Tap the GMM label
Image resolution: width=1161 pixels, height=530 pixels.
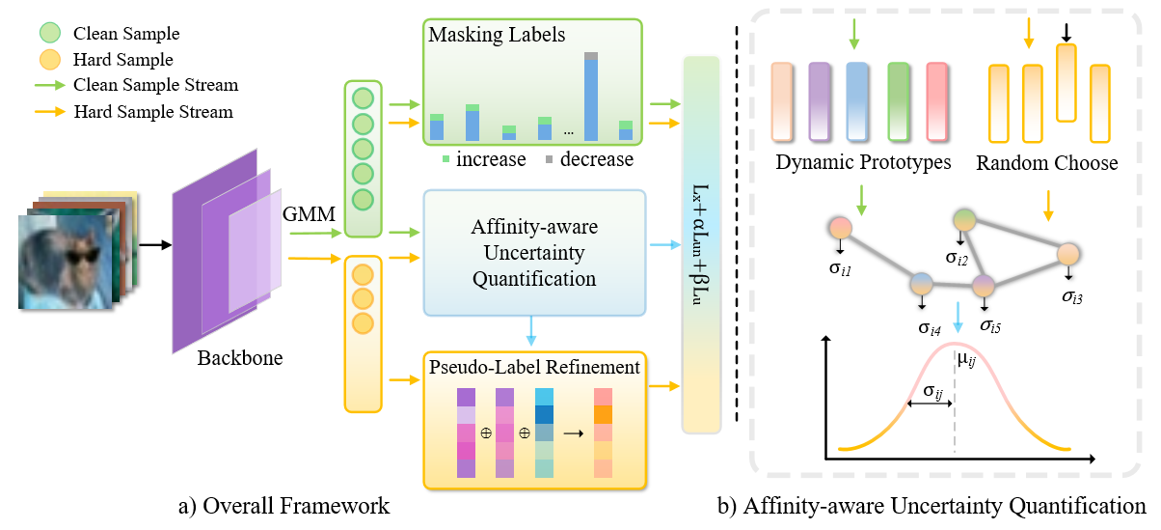[307, 215]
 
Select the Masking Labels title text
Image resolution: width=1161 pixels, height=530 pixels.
[499, 35]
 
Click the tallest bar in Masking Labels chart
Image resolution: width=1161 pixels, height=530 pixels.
[591, 97]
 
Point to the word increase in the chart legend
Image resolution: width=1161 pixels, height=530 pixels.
[491, 158]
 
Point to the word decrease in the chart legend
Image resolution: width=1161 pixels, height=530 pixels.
[597, 158]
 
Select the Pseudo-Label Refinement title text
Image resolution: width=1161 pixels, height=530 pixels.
[532, 367]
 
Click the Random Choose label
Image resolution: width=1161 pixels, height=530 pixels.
[1046, 162]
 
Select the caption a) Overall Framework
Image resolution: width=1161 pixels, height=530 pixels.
[284, 505]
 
